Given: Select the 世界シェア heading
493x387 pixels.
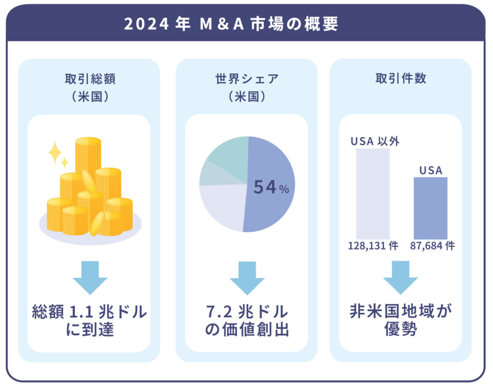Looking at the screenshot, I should coord(246,79).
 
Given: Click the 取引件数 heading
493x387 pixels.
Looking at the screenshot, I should coord(401,79).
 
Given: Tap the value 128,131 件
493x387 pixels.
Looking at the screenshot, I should coord(373,246).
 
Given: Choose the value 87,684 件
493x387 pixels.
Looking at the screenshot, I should coord(432,246).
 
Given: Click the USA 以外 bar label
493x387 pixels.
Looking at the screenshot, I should coord(375,142).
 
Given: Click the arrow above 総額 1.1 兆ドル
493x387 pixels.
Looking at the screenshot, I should coord(90,277).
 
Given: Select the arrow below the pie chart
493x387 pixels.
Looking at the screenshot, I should coord(246,277).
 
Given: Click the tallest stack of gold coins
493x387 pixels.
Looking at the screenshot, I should coord(88,154).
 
